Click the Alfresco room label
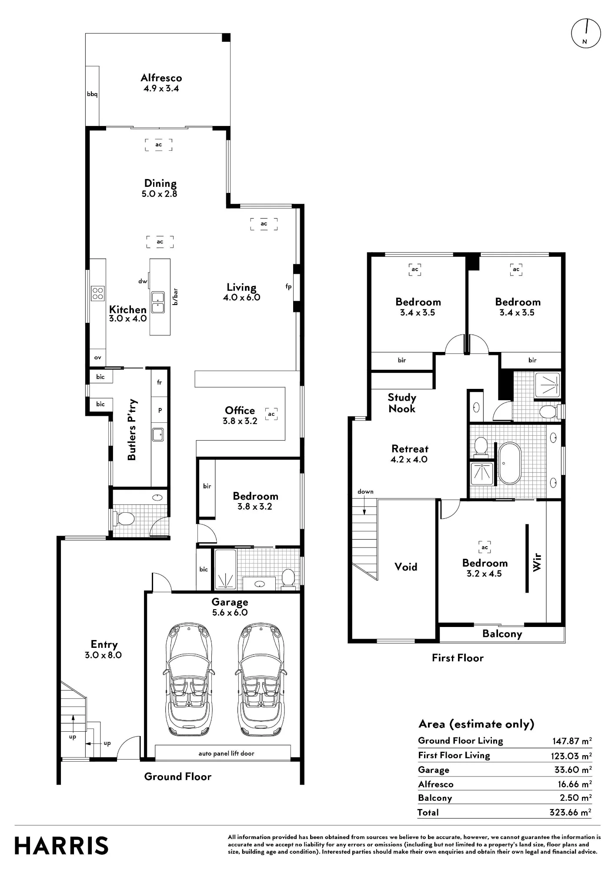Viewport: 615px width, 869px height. pos(161,78)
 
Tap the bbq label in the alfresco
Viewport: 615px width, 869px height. pos(92,94)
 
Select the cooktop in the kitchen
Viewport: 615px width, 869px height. pos(97,293)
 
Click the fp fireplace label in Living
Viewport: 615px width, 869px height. pos(288,286)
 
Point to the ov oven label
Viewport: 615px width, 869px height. pos(97,358)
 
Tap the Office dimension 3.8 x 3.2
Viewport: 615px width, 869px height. pos(240,421)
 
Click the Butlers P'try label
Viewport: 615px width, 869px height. pos(132,429)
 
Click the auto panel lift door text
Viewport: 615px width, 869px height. pos(226,753)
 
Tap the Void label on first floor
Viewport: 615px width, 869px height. pos(406,567)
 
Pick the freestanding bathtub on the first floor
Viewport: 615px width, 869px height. pos(509,463)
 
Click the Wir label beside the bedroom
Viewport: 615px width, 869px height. pos(537,562)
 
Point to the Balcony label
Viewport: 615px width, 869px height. pos(502,634)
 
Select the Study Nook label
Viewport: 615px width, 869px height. pos(402,403)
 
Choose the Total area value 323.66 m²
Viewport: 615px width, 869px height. pos(570,812)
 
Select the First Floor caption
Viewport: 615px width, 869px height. pos(458,658)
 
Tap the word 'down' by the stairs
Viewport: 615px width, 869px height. pos(365,491)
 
